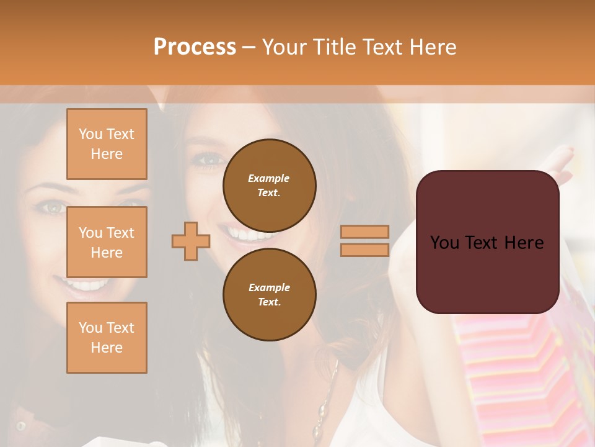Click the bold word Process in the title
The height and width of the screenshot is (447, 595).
pyautogui.click(x=195, y=47)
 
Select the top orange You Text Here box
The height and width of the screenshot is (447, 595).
pyautogui.click(x=107, y=144)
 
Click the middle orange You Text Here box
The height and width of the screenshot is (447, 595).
pyautogui.click(x=107, y=242)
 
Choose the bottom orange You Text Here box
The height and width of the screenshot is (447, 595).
pyautogui.click(x=107, y=338)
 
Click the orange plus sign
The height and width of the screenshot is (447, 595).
pyautogui.click(x=191, y=240)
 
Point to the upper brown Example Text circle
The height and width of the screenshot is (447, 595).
pyautogui.click(x=269, y=185)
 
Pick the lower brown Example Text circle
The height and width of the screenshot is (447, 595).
pyautogui.click(x=269, y=294)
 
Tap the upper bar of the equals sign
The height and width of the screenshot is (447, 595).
pyautogui.click(x=364, y=232)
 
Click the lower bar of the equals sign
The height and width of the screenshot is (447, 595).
pyautogui.click(x=364, y=250)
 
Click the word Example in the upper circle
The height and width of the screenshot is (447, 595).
pyautogui.click(x=269, y=178)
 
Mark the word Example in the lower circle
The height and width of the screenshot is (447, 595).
pyautogui.click(x=269, y=287)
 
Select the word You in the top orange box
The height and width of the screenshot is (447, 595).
pyautogui.click(x=90, y=134)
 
